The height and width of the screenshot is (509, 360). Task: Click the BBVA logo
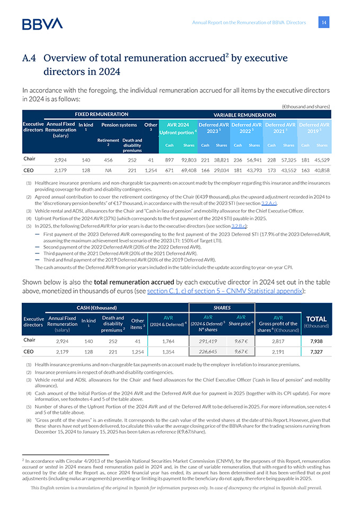click(42, 23)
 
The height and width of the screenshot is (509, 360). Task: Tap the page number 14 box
click(324, 22)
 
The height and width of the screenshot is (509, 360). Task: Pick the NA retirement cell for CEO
click(109, 171)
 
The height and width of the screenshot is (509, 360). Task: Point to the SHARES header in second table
click(222, 308)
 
